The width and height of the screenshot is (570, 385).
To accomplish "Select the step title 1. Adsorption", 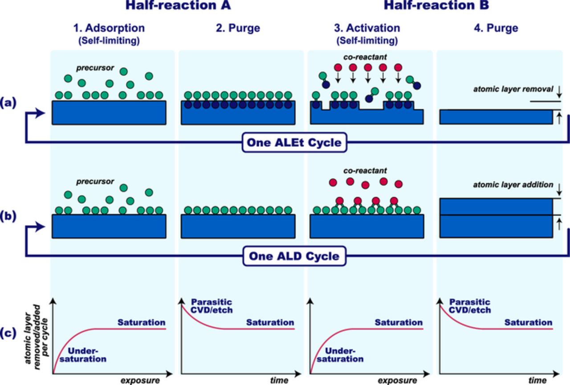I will (x=109, y=28).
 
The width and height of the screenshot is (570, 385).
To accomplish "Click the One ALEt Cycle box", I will (x=294, y=143).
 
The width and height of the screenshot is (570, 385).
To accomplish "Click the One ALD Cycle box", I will (x=294, y=256).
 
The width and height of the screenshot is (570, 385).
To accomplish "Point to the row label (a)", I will (x=10, y=103).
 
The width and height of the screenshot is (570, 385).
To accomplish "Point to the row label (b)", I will (x=10, y=217).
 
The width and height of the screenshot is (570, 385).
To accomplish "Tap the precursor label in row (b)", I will (x=94, y=182).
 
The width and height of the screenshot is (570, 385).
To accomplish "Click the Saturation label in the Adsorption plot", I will (x=141, y=322).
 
